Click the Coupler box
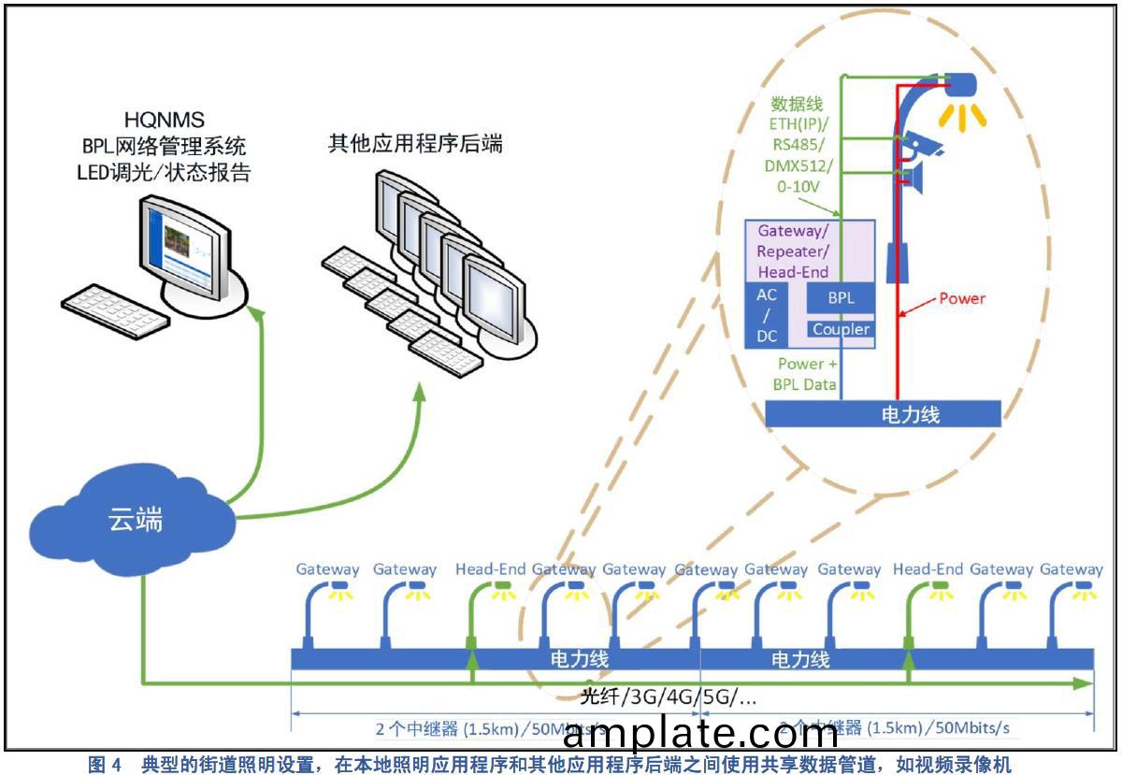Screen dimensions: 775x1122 click(x=841, y=329)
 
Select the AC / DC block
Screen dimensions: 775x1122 click(x=766, y=314)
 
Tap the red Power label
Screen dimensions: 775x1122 click(x=962, y=298)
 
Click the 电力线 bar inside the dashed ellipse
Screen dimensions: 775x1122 click(x=883, y=414)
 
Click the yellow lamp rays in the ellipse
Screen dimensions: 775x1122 click(x=963, y=115)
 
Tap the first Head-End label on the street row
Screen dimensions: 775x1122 click(x=490, y=568)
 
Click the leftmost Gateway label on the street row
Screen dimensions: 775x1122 click(x=327, y=568)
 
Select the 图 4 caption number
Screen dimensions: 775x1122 click(x=105, y=765)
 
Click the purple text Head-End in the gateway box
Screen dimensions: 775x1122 click(x=794, y=272)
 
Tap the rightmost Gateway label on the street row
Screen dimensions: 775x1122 click(x=1071, y=568)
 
